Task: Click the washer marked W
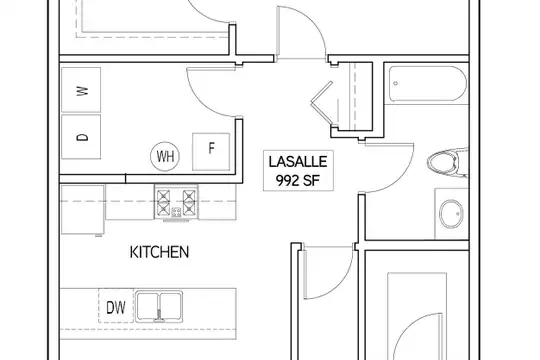tap(81, 90)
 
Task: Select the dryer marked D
tap(81, 137)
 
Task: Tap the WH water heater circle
tap(165, 156)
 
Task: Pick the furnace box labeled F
tap(211, 152)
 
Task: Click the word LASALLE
tap(298, 162)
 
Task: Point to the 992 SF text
tap(298, 180)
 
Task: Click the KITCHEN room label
tap(159, 252)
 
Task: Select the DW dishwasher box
tap(116, 306)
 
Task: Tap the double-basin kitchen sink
tap(159, 306)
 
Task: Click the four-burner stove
tap(176, 202)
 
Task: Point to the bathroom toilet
tap(448, 162)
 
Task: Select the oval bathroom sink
tap(451, 214)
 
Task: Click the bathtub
tap(428, 83)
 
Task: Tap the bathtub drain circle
tap(396, 83)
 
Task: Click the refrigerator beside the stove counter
tap(83, 209)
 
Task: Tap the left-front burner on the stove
tap(163, 208)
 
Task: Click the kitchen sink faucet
tap(159, 316)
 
